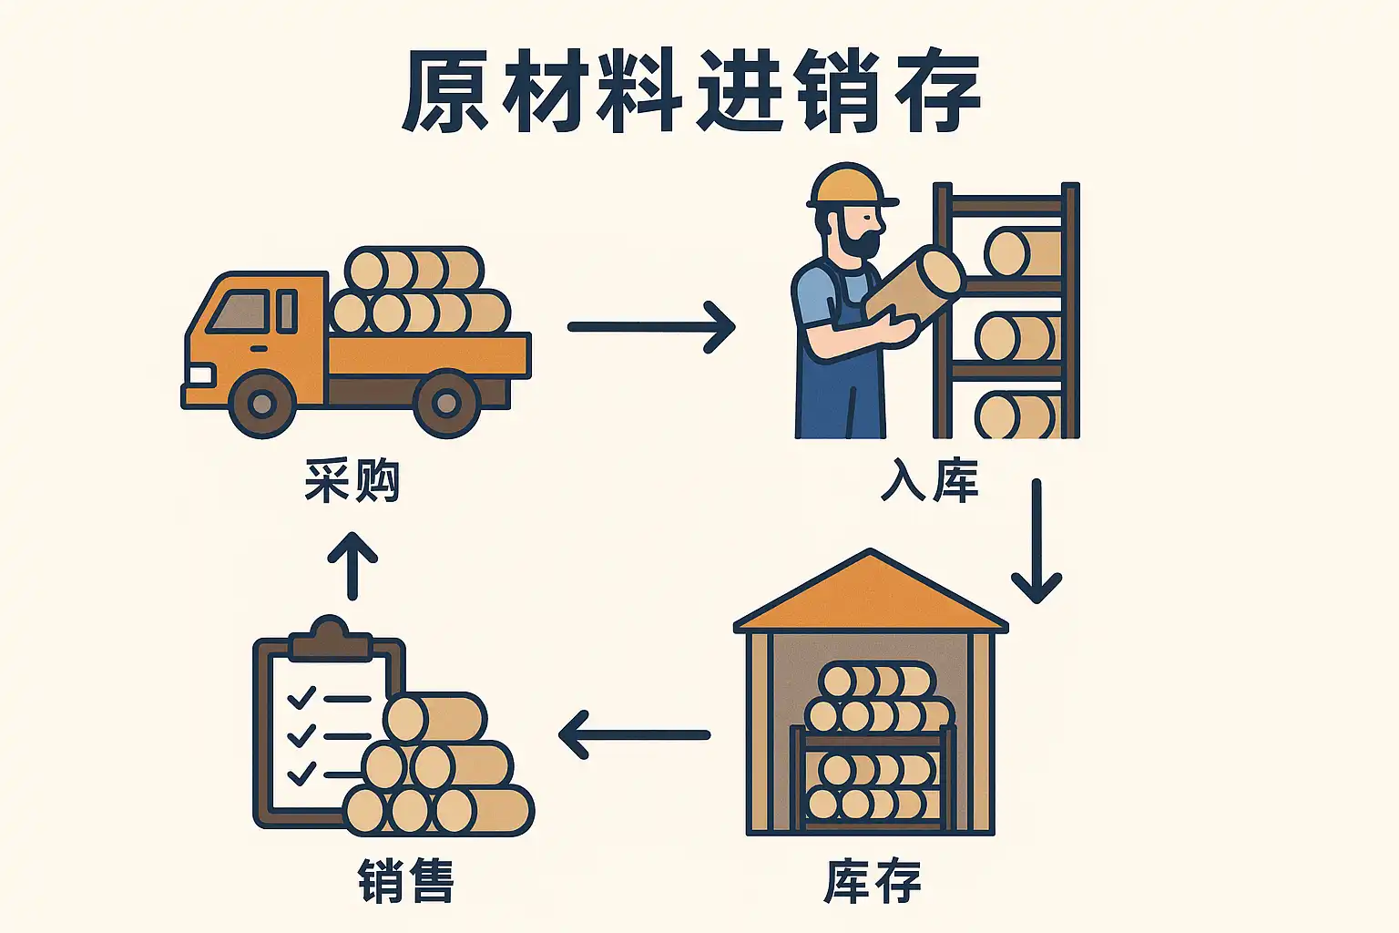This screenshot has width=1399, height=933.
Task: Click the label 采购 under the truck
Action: click(352, 480)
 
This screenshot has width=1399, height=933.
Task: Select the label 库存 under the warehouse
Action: click(873, 881)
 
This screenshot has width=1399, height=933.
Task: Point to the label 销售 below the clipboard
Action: click(406, 881)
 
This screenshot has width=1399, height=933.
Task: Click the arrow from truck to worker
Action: click(651, 327)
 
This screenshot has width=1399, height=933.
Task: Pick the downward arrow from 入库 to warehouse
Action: click(1036, 541)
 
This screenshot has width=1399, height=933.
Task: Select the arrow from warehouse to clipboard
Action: click(634, 735)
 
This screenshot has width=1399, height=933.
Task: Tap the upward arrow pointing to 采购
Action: click(352, 566)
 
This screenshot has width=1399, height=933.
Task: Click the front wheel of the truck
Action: click(262, 405)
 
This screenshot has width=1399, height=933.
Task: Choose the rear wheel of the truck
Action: click(446, 405)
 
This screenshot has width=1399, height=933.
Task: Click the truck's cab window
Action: click(240, 312)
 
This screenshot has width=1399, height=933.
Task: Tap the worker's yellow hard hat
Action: click(852, 186)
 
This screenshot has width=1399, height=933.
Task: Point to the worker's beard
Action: click(854, 241)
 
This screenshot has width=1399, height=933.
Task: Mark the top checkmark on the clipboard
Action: click(301, 697)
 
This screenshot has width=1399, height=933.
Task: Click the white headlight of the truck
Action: click(200, 375)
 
